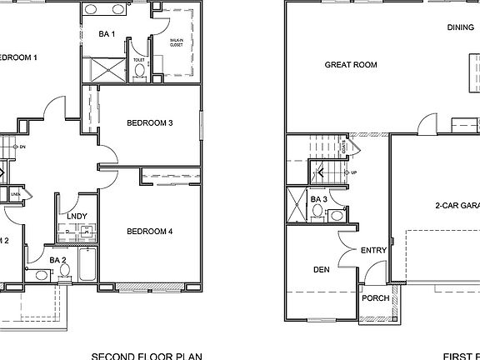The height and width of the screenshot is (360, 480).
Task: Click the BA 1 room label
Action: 107,34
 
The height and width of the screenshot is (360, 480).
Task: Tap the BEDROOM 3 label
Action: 150,123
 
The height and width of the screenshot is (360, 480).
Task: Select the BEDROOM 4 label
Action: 150,231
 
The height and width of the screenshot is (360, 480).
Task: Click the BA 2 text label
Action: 57,260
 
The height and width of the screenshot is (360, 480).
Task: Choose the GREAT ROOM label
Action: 351,64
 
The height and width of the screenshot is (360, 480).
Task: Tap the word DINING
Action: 460,27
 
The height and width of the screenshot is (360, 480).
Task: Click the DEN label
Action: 322,269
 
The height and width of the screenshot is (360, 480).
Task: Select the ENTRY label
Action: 372,250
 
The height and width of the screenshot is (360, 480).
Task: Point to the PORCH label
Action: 376,298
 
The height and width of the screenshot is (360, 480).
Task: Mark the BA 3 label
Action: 318,199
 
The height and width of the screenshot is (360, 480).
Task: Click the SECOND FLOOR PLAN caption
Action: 147,355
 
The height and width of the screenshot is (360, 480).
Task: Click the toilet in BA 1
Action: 139,71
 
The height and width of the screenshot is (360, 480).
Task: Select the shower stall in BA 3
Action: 297,204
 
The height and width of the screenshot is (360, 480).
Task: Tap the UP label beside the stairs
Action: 354,172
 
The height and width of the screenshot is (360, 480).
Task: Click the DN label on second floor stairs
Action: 22,147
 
